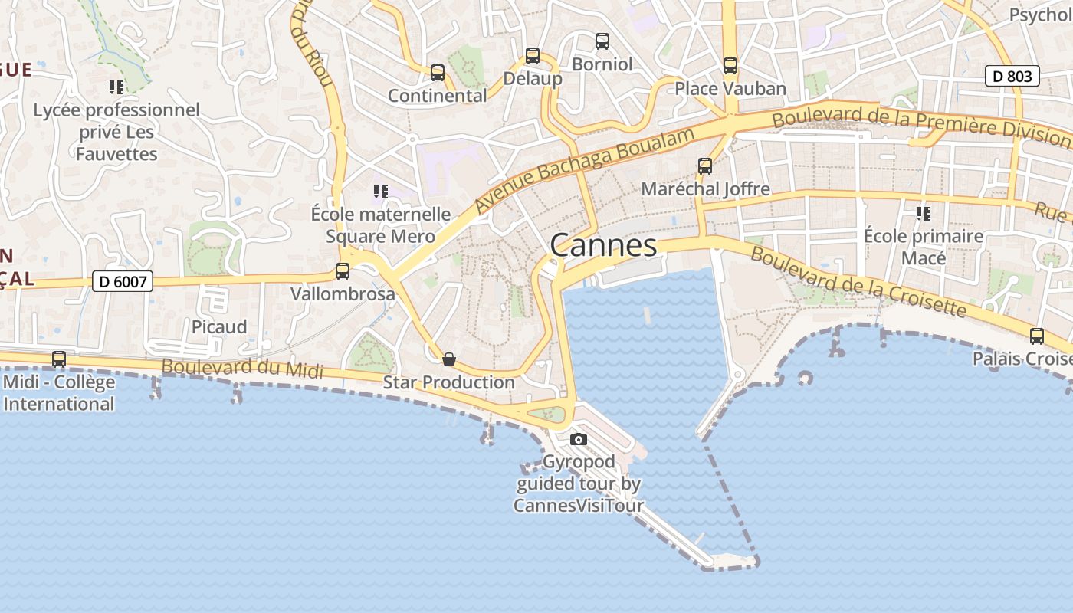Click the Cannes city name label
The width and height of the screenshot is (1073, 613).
tap(603, 245)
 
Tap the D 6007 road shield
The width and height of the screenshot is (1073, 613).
tap(123, 282)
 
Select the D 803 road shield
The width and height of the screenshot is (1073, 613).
tap(1012, 76)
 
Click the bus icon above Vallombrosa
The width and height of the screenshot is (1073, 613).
tap(343, 270)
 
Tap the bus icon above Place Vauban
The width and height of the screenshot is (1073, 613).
tap(730, 66)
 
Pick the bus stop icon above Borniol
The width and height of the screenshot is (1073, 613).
tap(602, 41)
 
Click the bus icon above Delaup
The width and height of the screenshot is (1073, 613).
tap(533, 56)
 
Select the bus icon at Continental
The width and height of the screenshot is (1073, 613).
tap(438, 73)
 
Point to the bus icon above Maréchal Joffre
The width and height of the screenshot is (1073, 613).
tap(705, 166)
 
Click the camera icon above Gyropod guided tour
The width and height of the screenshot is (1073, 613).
tap(579, 439)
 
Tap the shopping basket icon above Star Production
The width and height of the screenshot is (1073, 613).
tap(449, 359)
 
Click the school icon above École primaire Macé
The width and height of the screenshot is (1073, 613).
tap(924, 213)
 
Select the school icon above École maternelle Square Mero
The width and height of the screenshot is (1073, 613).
tap(380, 191)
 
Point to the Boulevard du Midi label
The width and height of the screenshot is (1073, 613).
tap(242, 368)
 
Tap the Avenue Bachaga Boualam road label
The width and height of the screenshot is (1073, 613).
tap(584, 170)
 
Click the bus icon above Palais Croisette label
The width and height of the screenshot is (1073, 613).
tap(1037, 336)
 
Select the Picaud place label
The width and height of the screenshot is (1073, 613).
tap(219, 327)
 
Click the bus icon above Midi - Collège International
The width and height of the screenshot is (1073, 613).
tap(59, 359)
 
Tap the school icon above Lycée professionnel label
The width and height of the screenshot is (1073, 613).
tap(116, 87)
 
